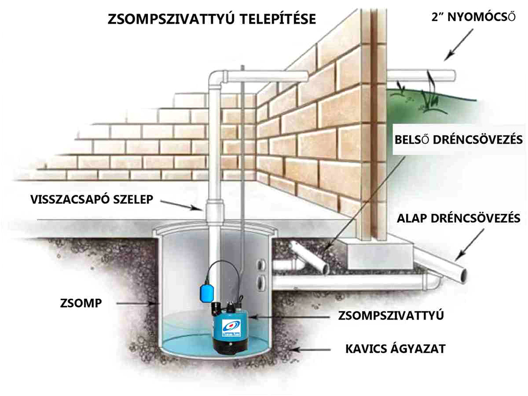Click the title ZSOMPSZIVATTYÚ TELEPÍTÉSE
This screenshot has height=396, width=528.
click(212, 18)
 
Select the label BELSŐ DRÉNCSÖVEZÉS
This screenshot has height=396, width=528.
click(459, 139)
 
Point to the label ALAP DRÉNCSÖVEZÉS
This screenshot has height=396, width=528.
click(458, 218)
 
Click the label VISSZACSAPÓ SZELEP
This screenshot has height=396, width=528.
click(91, 199)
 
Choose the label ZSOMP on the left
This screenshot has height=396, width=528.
click(81, 303)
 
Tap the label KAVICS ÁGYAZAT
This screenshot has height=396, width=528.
click(395, 348)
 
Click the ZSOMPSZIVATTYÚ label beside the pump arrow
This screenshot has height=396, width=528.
click(391, 316)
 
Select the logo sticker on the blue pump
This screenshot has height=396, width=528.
click(231, 328)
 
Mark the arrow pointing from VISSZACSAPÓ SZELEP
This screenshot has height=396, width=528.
click(181, 205)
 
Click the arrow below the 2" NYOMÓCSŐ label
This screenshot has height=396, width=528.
click(458, 45)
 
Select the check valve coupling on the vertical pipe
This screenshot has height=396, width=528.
click(213, 211)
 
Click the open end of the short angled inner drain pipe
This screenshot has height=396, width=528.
click(325, 269)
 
